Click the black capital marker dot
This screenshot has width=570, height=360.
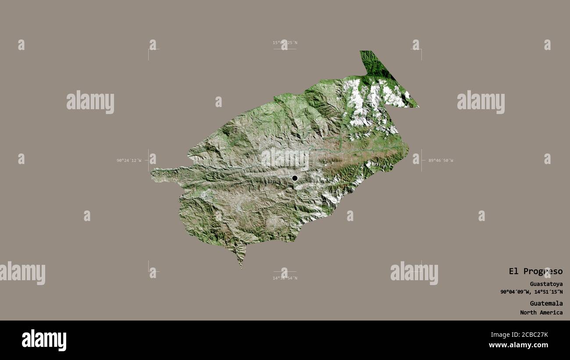coord(295,178)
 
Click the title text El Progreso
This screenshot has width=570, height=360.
coord(535,271)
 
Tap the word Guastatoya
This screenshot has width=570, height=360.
coord(546,284)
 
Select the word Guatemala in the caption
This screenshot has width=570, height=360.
coord(546,303)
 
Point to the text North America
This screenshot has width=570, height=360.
coord(541,313)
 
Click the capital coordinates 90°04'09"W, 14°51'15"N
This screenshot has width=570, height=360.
coord(531,292)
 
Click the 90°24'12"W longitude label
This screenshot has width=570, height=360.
coord(129,160)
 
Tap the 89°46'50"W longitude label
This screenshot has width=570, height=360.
coord(441,160)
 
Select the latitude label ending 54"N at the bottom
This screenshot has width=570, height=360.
coord(285,278)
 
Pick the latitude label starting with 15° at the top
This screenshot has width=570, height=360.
coord(285,43)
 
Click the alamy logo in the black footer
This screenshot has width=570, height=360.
coord(44,340)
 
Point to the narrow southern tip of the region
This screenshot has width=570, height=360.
coord(241,264)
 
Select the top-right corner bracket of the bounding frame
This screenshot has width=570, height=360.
coord(421,50)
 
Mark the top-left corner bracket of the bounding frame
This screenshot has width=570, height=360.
coord(149,50)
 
